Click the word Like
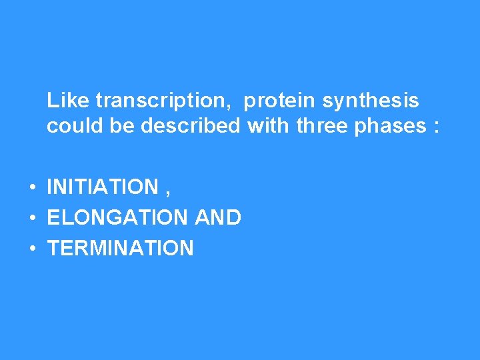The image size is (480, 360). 69,101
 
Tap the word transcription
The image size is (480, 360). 161,101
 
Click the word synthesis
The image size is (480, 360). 371,101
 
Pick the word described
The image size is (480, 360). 191,125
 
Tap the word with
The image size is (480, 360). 269,125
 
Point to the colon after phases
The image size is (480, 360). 436,127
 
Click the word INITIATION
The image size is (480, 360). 103,187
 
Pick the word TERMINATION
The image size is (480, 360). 121,249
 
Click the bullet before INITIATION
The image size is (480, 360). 32,188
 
